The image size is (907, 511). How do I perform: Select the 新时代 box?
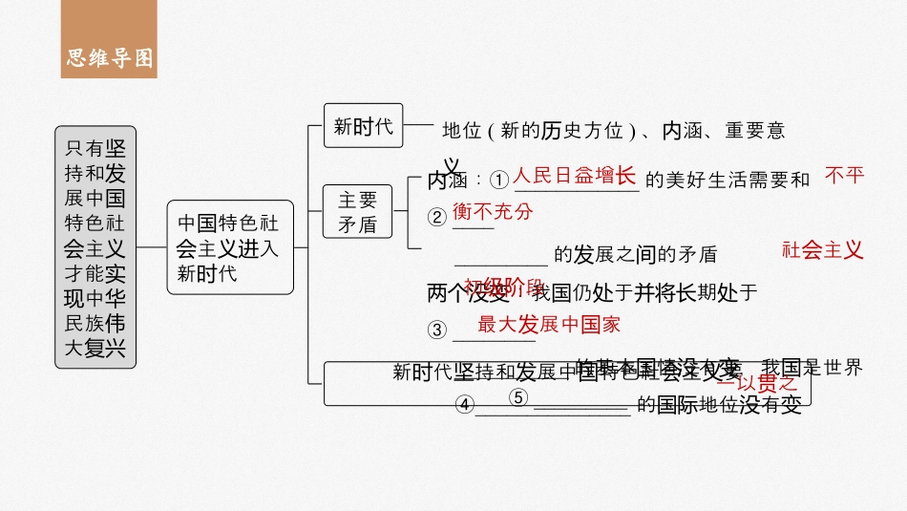click(363, 126)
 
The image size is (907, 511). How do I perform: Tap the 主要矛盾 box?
click(358, 211)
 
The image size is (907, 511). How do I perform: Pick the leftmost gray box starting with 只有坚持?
click(95, 247)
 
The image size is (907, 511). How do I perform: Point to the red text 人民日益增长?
click(574, 176)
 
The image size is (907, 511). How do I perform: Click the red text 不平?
click(844, 175)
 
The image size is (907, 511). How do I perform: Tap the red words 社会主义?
click(822, 250)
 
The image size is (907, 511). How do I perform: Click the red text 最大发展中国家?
click(549, 324)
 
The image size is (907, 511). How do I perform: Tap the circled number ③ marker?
click(437, 330)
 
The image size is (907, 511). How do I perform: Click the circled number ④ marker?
click(465, 405)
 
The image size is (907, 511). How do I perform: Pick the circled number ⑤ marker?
click(518, 397)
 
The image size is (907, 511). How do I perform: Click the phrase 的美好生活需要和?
click(728, 180)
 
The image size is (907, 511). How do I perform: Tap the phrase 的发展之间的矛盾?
click(635, 254)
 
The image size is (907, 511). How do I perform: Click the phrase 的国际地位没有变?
click(719, 405)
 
